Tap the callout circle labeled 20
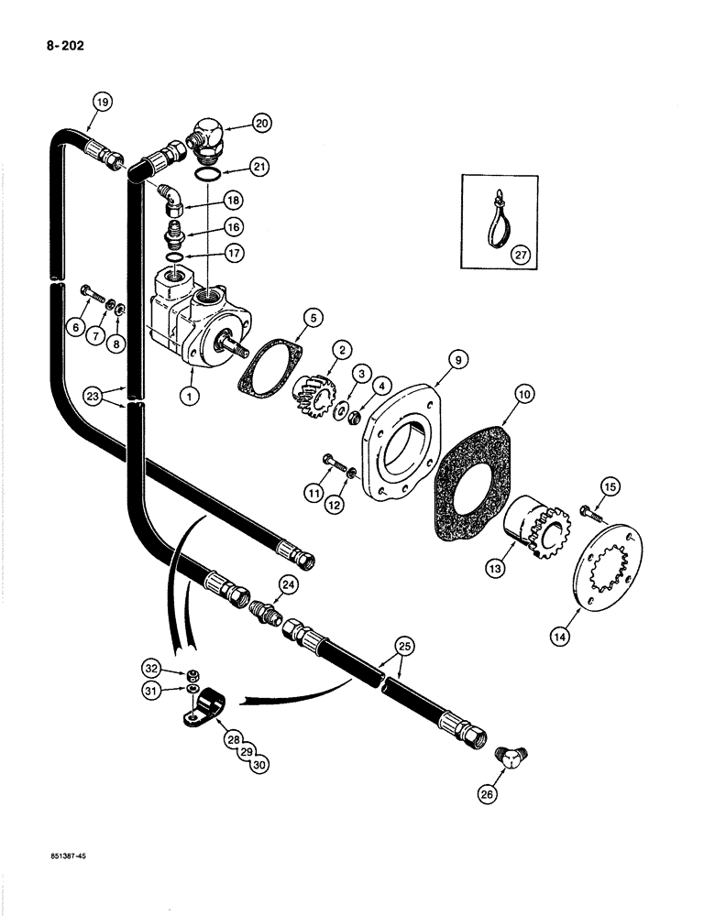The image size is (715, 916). tap(236, 121)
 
